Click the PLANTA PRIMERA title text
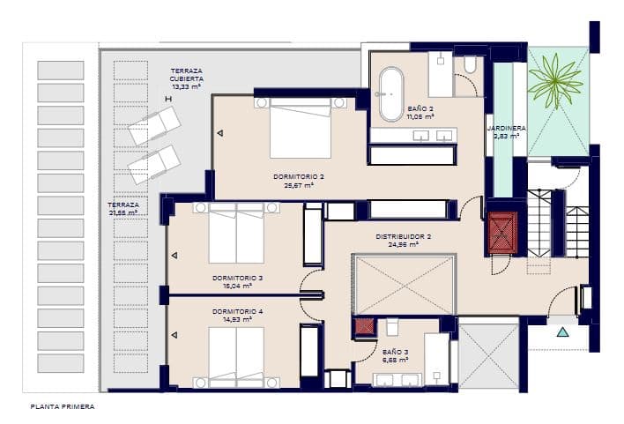point(62,407)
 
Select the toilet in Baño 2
point(468,64)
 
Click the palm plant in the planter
point(555,79)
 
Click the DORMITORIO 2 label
point(298,176)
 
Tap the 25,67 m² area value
point(298,186)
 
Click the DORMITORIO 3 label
point(237,278)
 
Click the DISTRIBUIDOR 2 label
point(403,236)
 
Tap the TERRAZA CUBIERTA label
point(186,73)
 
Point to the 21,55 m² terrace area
point(122,212)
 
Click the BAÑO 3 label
point(395,352)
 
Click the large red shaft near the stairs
point(503,233)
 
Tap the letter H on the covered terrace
point(167,99)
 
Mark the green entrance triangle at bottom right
point(561,332)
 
